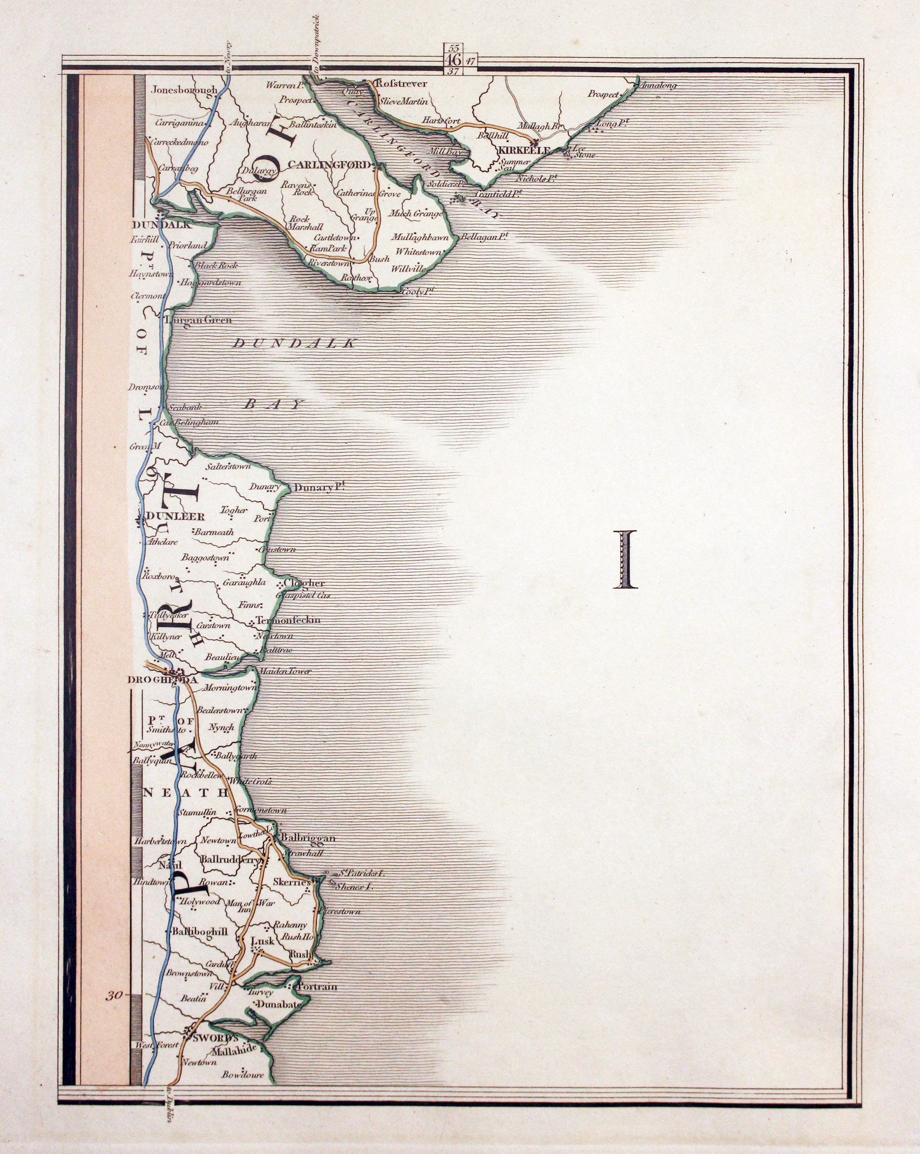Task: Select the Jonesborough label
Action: pyautogui.click(x=184, y=90)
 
